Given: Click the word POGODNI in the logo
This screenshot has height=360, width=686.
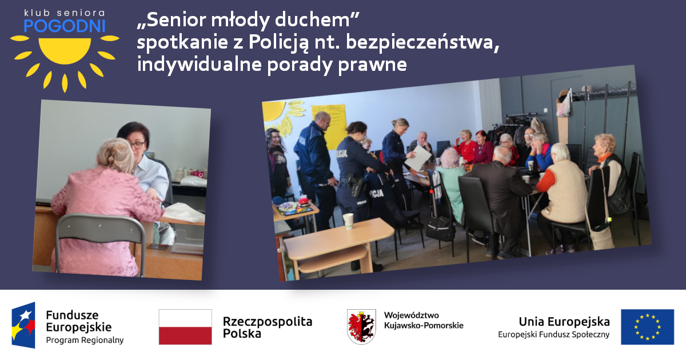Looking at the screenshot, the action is (x=65, y=26).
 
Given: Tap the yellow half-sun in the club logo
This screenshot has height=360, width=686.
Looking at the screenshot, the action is (x=65, y=50).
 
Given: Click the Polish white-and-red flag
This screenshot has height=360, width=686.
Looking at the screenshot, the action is (x=185, y=327).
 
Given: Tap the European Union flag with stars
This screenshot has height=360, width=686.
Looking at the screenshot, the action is (x=647, y=327).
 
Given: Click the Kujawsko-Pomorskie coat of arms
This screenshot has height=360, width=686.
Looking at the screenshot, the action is (x=361, y=327).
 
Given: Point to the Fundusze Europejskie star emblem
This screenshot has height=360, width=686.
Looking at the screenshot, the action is (x=23, y=325).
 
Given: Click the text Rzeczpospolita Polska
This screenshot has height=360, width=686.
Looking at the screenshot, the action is (x=268, y=327).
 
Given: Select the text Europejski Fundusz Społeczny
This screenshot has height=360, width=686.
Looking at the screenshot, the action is (x=554, y=335).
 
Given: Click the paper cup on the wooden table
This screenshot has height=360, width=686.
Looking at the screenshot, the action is (x=348, y=221).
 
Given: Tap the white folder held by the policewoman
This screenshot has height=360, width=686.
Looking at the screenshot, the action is (x=418, y=158).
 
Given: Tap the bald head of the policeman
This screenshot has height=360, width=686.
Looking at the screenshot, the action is (x=322, y=118).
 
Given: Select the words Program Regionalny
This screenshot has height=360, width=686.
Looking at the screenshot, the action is (x=85, y=340).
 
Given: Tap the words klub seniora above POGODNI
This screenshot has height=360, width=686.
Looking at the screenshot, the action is (x=65, y=13).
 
